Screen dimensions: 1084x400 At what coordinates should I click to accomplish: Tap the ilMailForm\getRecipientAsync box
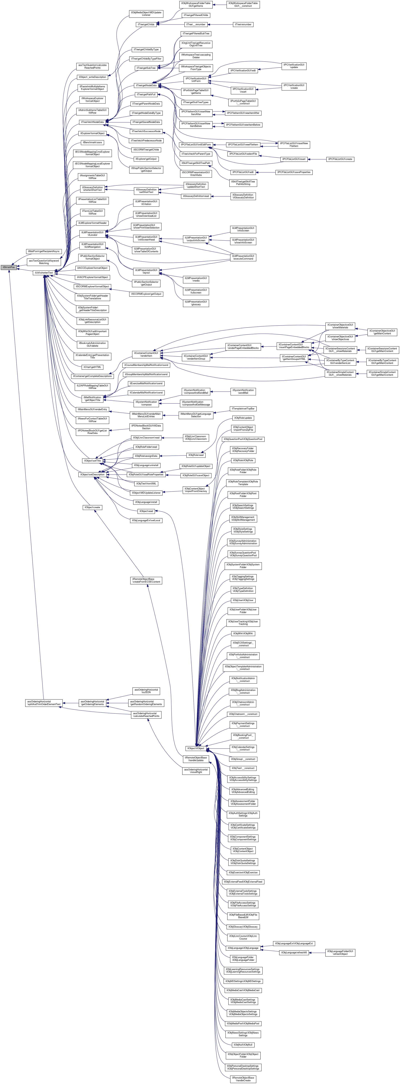pos(44,251)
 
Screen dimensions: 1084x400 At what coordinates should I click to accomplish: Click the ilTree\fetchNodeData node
pos(92,122)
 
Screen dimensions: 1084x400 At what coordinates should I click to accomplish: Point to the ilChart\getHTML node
pos(92,367)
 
